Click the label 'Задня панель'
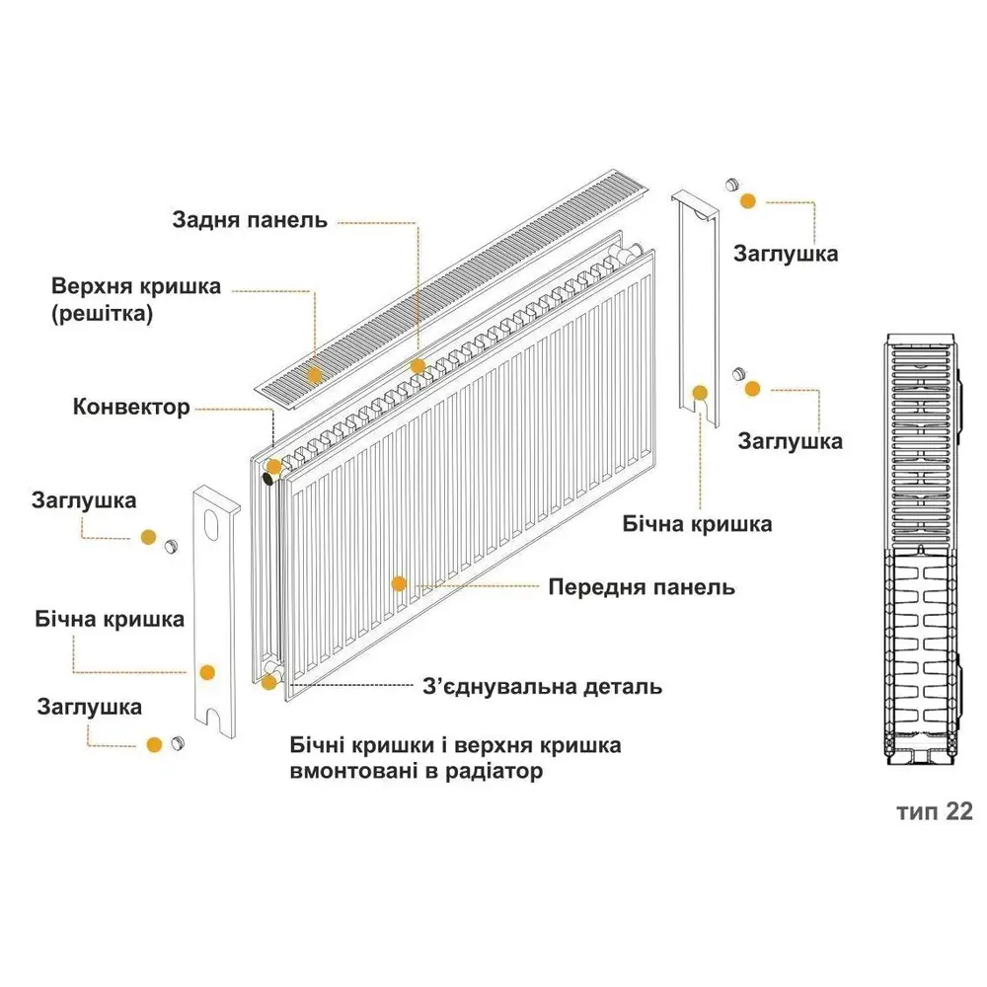tap(250, 220)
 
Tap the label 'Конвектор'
tap(131, 407)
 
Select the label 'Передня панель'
tap(642, 587)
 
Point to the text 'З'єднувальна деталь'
tap(543, 686)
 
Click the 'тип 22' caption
tap(935, 811)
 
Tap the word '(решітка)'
tap(102, 314)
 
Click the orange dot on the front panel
tap(399, 583)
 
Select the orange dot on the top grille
tap(314, 376)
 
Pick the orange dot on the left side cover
tap(207, 672)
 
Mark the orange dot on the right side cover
tap(700, 394)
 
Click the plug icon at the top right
tap(731, 185)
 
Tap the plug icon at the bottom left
tap(178, 743)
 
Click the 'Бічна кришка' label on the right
tap(698, 524)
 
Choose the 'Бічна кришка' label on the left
tap(110, 620)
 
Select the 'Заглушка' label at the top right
tap(786, 255)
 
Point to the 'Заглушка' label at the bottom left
tap(90, 707)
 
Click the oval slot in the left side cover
tap(211, 524)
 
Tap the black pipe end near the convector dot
tap(268, 479)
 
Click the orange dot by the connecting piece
tap(268, 682)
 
